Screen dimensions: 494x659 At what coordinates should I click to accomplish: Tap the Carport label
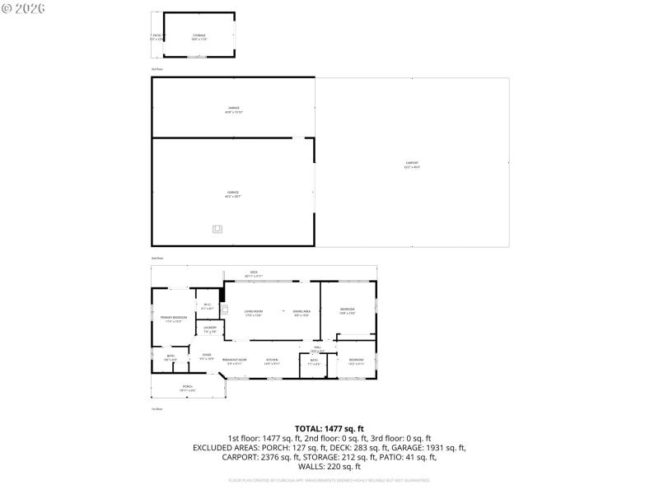coord(412,164)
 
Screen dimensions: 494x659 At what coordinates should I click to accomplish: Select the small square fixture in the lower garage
coord(217,230)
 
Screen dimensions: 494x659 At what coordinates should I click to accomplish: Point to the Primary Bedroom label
coord(173,319)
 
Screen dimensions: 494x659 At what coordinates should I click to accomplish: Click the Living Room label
coord(253,313)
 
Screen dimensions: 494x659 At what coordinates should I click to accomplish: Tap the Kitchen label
coord(271,361)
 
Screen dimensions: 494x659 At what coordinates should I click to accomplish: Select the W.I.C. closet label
coord(208,307)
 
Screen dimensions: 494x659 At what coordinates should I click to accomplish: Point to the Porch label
coord(188,387)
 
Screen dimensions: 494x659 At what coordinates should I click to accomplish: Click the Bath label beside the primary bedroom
coord(171,357)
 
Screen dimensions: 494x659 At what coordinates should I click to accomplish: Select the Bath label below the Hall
coord(314,361)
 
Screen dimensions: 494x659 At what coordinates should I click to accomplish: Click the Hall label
coord(316,349)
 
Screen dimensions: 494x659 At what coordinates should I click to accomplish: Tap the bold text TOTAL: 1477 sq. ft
coord(329,428)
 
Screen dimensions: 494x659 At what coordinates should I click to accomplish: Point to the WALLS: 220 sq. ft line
coord(329,467)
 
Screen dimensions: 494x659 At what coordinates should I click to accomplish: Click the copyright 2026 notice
coord(24,7)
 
